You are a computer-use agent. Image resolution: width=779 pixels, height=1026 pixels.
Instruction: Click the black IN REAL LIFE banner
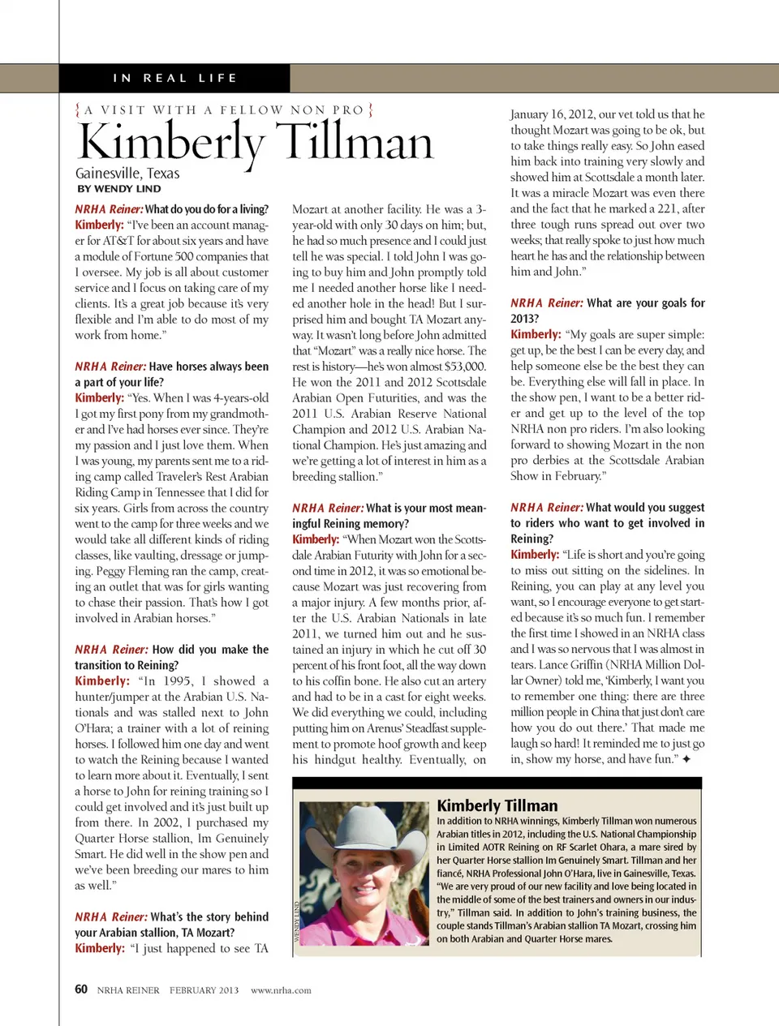pos(174,78)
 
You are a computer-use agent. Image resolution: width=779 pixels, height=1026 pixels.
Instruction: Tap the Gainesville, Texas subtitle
pos(127,173)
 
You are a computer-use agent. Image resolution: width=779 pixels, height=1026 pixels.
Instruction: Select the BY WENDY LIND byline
pos(119,189)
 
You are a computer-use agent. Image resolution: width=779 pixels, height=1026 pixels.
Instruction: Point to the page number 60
pos(81,989)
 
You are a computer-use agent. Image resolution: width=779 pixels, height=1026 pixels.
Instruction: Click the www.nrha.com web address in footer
pos(281,990)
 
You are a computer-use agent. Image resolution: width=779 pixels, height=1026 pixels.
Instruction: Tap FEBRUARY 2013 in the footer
pos(204,990)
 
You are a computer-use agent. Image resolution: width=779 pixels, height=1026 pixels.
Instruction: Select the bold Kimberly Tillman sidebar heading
pos(497,805)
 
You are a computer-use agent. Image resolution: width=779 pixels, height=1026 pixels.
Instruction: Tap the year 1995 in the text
pos(177,681)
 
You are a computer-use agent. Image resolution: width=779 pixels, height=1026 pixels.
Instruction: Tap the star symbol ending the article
pos(686,759)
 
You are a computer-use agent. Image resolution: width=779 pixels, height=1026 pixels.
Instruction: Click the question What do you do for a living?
pos(206,209)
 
